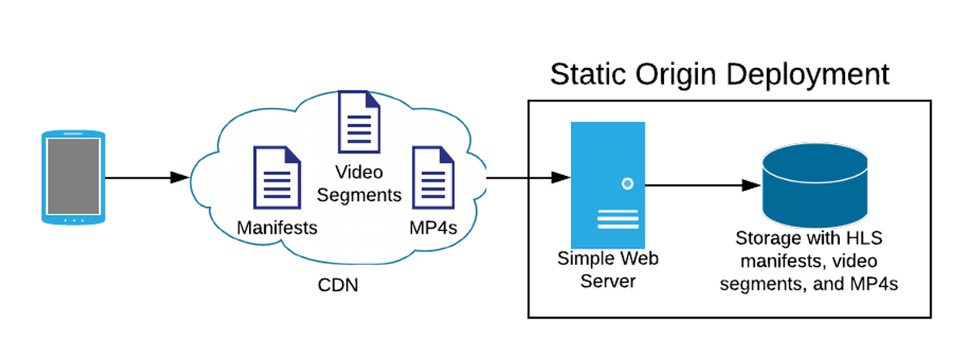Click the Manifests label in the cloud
pos(276,228)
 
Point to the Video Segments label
pos(359,184)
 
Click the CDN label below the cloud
pos(337,286)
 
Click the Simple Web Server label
pos(607,269)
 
